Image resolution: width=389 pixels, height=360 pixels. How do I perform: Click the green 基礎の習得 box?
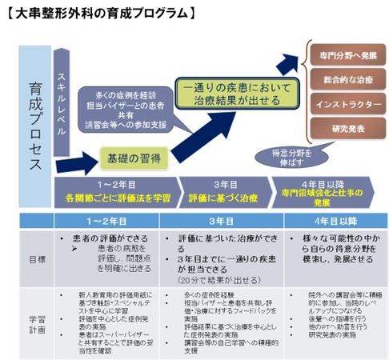click(x=133, y=158)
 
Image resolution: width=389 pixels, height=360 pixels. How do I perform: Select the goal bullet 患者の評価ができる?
click(x=116, y=238)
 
